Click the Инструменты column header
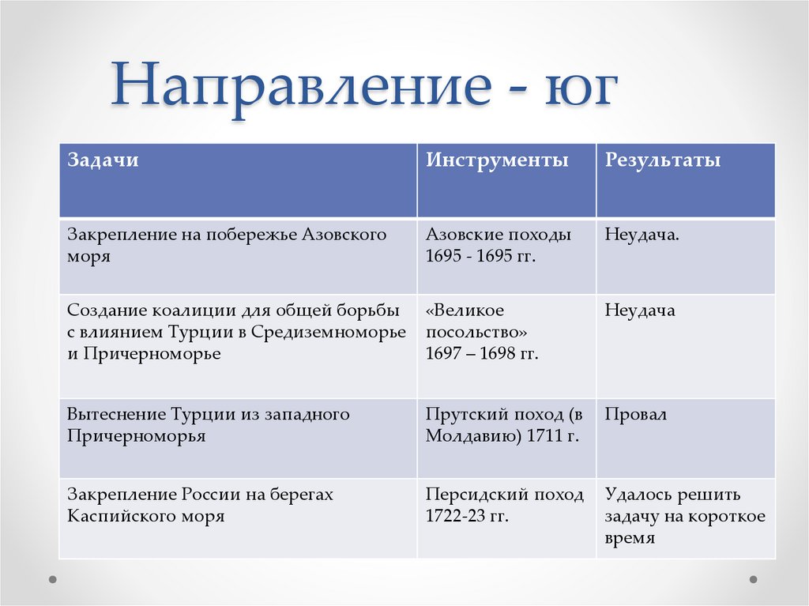coord(497,160)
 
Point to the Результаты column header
coord(663,160)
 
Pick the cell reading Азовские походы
coord(499,235)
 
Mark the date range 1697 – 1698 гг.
coord(482,354)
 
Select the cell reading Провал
coord(636,414)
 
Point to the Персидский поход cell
coord(505,495)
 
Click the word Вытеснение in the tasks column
coord(115,414)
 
